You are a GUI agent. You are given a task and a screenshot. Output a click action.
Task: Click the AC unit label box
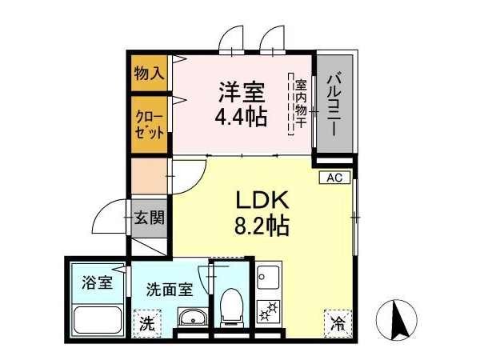(334, 178)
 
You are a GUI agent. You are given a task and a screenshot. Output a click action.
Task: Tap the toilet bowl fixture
(232, 307)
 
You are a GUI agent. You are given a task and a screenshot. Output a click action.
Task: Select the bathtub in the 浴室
(98, 321)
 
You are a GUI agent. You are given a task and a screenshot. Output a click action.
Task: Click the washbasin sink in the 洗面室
(192, 317)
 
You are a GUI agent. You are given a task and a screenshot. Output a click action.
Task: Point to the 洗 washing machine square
(147, 324)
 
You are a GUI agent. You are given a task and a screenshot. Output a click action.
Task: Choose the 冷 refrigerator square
(338, 324)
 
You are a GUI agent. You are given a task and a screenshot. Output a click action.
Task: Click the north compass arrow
(398, 320)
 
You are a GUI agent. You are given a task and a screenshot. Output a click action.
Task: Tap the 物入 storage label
(149, 74)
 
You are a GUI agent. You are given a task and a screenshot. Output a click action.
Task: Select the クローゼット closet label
(150, 125)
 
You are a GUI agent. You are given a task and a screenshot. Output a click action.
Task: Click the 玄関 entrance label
(150, 218)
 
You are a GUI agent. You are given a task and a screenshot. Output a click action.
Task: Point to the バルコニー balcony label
(334, 103)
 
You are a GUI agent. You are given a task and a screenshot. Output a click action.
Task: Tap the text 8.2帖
(262, 226)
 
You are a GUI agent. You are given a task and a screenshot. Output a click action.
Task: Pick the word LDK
(262, 199)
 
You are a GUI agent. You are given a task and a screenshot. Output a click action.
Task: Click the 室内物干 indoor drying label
(301, 103)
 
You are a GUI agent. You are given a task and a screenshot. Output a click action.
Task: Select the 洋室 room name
(242, 92)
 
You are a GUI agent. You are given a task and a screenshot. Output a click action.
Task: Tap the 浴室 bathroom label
(98, 282)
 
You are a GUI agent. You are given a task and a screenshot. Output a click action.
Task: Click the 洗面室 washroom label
(170, 290)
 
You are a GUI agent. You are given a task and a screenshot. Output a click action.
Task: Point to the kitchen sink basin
(268, 278)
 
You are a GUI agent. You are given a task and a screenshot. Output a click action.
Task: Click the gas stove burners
(269, 310)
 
